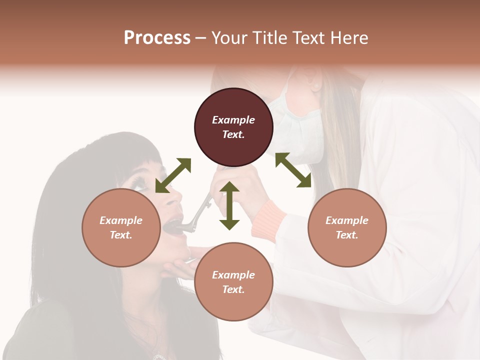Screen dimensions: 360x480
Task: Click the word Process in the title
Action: pyautogui.click(x=157, y=38)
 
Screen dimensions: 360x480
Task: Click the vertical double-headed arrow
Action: pyautogui.click(x=229, y=206)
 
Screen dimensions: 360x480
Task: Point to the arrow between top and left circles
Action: pyautogui.click(x=173, y=175)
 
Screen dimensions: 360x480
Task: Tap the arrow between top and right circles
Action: pyautogui.click(x=293, y=170)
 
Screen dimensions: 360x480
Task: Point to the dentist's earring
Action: pyautogui.click(x=316, y=86)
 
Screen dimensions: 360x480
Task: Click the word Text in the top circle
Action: pyautogui.click(x=233, y=134)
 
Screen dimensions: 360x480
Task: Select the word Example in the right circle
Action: pyautogui.click(x=347, y=220)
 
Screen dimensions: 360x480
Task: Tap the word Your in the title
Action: pyautogui.click(x=229, y=38)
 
